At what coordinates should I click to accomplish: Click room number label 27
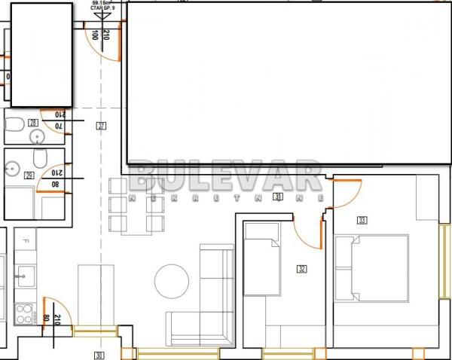[101, 126]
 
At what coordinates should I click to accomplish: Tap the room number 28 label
[32, 123]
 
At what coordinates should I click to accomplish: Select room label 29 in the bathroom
[29, 175]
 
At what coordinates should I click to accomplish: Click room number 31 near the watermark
[278, 197]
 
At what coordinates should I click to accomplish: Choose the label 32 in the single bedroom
[302, 268]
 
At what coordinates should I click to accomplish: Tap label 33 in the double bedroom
[362, 220]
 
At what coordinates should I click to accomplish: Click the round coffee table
[172, 282]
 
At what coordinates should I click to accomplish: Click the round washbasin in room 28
[36, 136]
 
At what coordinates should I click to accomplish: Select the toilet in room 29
[42, 158]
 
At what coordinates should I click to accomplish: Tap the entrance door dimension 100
[94, 35]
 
